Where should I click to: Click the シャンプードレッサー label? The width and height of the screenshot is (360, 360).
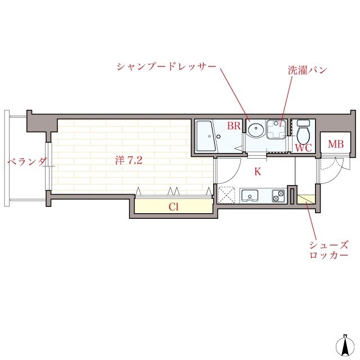166,67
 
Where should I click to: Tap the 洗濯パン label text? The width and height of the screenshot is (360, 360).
307,71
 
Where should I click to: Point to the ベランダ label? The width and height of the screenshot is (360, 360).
26,163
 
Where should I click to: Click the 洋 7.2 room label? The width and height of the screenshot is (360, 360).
129,160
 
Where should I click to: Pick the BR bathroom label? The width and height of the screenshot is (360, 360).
234,127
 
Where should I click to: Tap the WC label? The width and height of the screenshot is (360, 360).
303,148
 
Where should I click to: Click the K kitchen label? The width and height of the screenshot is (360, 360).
258,172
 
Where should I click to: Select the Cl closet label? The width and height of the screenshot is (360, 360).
174,206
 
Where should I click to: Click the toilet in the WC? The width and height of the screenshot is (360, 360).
304,133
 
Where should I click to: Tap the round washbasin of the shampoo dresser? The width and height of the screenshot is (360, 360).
255,130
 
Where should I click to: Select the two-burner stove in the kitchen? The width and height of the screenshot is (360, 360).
278,196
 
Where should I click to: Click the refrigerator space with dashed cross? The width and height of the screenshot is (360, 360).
227,196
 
